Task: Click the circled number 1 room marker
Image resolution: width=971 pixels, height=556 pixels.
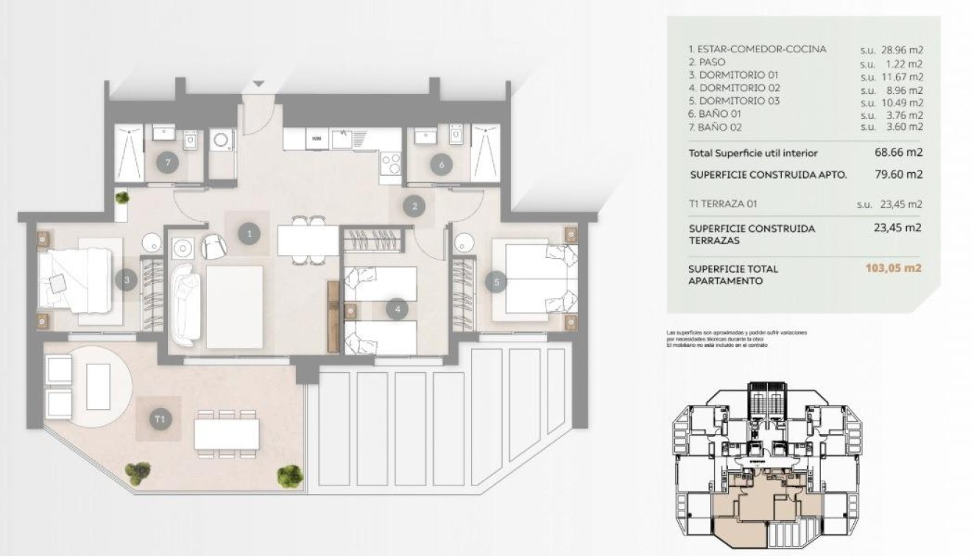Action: coord(250,233)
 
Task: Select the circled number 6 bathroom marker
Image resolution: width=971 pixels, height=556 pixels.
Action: coord(442,165)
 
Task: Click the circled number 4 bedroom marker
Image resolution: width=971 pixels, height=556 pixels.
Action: coord(398,310)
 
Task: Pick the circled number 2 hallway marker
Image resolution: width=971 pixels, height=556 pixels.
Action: coord(415,207)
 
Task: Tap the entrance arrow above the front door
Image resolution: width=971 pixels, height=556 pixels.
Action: coord(258,85)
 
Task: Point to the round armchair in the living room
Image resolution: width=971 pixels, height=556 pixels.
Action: coord(214,246)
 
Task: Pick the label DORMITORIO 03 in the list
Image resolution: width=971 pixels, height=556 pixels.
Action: coord(738,101)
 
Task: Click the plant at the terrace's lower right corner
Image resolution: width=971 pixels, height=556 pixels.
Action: coord(289,475)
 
